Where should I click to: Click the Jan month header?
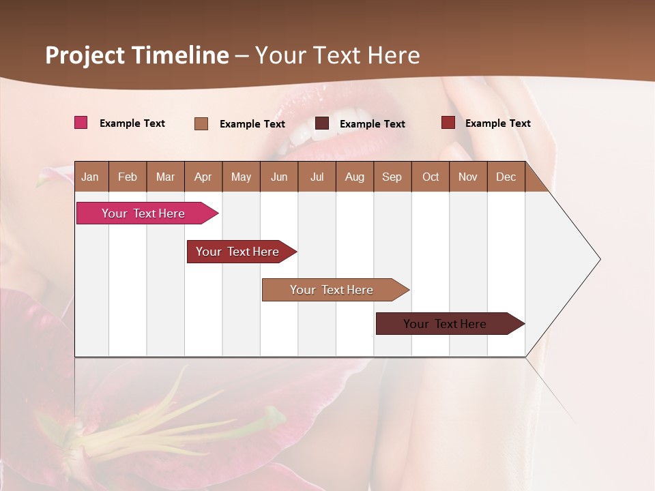click(91, 177)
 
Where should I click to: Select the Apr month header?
click(203, 177)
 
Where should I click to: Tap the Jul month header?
click(317, 177)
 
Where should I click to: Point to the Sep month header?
click(392, 177)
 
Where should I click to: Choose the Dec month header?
click(506, 177)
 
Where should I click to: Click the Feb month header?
click(128, 177)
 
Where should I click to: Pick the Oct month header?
click(431, 177)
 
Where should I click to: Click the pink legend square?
click(81, 123)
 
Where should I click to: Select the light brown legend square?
click(201, 123)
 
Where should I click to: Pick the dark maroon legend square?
click(322, 123)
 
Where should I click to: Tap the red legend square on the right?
click(448, 123)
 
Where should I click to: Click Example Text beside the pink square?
click(132, 123)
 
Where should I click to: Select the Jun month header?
click(279, 177)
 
